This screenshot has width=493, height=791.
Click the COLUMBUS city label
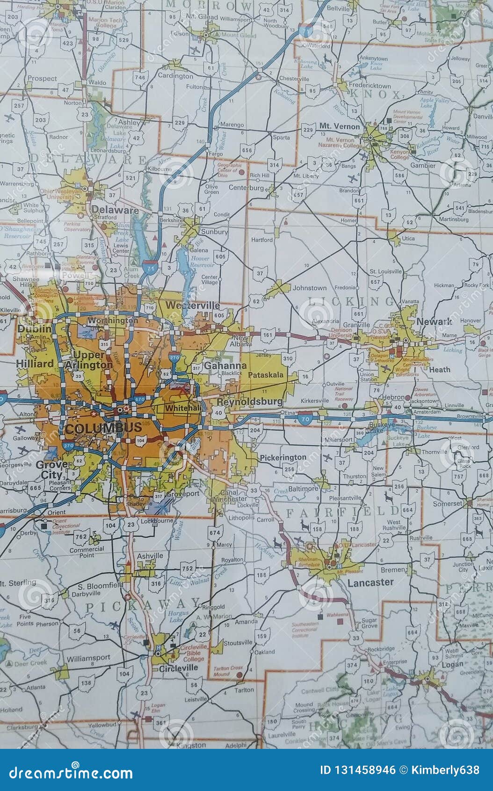(103, 427)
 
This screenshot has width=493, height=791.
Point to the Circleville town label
(178, 668)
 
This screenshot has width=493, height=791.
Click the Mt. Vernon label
(340, 126)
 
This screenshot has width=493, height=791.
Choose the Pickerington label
(283, 457)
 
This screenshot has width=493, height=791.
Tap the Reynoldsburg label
(250, 402)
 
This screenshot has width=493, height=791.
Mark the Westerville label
(193, 305)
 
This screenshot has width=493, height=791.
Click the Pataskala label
(266, 375)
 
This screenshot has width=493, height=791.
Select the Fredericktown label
(370, 86)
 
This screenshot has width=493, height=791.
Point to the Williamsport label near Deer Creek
(88, 658)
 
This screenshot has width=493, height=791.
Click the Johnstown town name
(309, 288)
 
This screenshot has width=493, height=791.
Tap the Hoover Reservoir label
(202, 262)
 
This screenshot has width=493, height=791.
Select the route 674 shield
(215, 532)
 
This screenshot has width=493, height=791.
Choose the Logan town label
(452, 664)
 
